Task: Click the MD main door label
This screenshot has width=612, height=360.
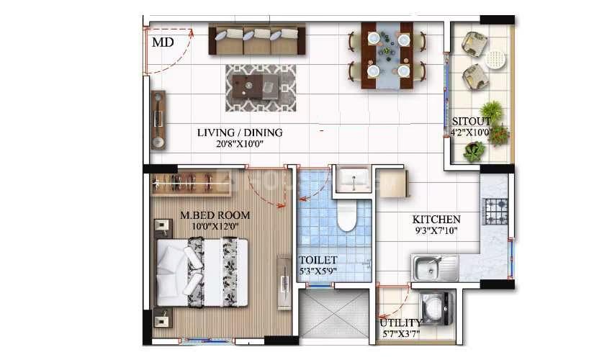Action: point(163,42)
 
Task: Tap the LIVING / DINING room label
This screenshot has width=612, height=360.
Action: point(240,132)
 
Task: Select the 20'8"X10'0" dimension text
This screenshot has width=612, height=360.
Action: point(240,144)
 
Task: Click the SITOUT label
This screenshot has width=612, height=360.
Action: point(471,121)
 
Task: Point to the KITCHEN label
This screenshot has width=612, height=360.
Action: point(436,220)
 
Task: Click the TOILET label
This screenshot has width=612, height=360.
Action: point(318,260)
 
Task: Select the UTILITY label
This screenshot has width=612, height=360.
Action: point(401,323)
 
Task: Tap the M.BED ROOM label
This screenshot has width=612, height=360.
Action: point(215,215)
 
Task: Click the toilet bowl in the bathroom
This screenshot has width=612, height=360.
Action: point(346,215)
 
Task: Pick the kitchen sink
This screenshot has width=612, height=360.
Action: point(436,269)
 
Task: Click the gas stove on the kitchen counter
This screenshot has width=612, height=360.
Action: point(496,212)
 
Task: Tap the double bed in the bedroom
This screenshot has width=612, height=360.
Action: point(202,273)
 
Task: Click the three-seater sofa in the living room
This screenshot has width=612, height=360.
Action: point(257,40)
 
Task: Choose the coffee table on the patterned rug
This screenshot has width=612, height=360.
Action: point(256,86)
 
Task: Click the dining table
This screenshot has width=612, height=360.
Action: point(387,55)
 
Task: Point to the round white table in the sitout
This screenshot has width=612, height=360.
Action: point(495,59)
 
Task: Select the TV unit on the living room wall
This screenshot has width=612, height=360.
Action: point(158,120)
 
